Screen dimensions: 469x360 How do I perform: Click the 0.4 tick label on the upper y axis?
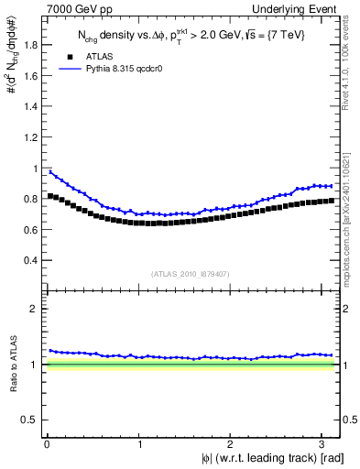[x=31, y=260]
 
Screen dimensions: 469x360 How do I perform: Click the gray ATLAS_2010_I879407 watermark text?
[x=191, y=273]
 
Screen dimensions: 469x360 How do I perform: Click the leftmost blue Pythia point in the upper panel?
[x=50, y=171]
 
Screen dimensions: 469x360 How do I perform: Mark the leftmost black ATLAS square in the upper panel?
[x=50, y=196]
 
